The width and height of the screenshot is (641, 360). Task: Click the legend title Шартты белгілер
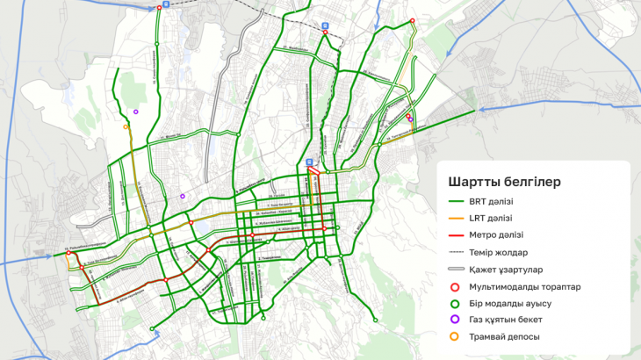(x=504, y=182)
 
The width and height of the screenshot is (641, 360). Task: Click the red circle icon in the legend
(x=455, y=286)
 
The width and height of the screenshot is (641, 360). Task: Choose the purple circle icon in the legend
(x=455, y=320)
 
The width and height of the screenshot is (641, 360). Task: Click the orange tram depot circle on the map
(x=126, y=127)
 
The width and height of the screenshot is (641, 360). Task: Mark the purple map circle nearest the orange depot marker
(x=136, y=112)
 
